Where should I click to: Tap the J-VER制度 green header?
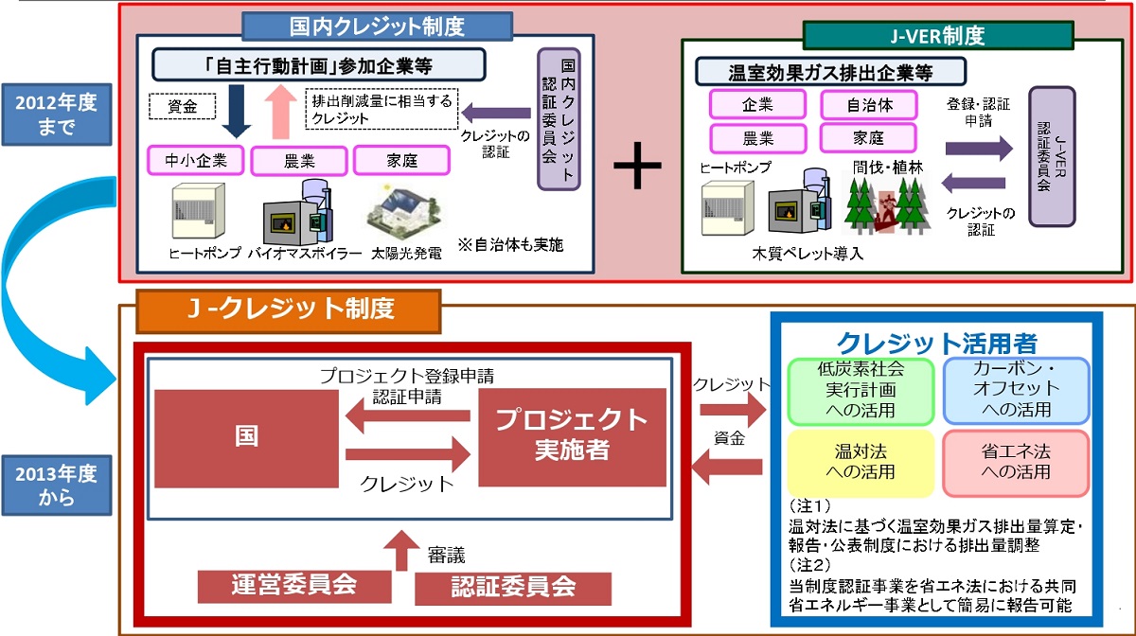tap(937, 35)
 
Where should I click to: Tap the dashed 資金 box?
tap(183, 107)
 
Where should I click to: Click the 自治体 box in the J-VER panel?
tap(869, 104)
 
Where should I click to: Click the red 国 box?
tap(246, 439)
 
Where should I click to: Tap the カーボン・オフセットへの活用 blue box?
tap(1016, 389)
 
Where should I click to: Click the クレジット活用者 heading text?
tap(936, 343)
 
